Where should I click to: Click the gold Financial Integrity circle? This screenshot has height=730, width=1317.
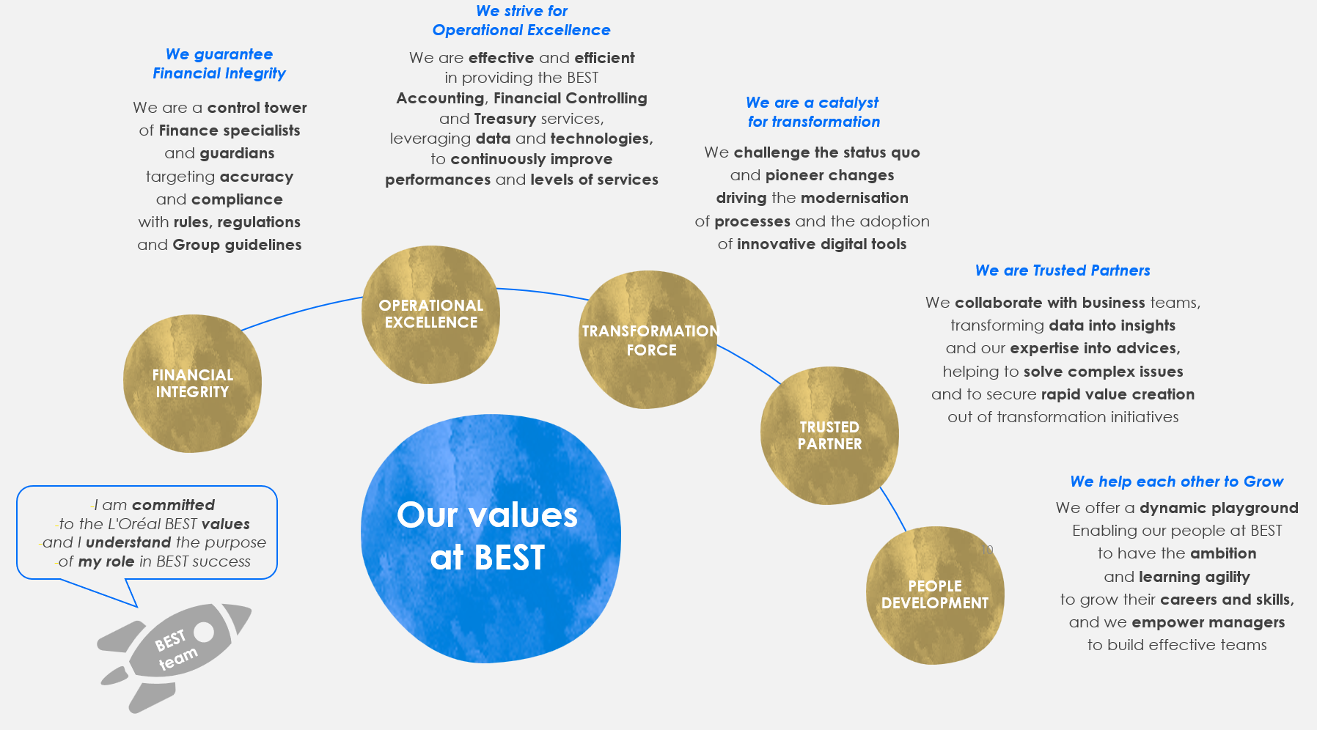pyautogui.click(x=192, y=383)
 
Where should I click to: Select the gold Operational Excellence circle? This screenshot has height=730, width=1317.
pyautogui.click(x=431, y=314)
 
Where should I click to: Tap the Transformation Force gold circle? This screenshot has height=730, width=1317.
pyautogui.click(x=648, y=339)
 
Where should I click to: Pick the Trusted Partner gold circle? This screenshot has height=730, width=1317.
pyautogui.click(x=829, y=435)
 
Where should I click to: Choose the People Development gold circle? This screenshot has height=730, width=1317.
pyautogui.click(x=935, y=595)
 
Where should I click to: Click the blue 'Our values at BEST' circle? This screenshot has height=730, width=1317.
pyautogui.click(x=491, y=539)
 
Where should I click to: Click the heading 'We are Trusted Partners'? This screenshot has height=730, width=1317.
pyautogui.click(x=1063, y=270)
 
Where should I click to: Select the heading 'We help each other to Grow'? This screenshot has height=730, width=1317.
pyautogui.click(x=1177, y=482)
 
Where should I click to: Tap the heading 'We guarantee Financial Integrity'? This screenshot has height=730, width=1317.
pyautogui.click(x=219, y=64)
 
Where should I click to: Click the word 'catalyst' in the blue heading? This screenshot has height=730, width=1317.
pyautogui.click(x=848, y=103)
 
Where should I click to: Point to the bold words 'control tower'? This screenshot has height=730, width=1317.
pyautogui.click(x=257, y=108)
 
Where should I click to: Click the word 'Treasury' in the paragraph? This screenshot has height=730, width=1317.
pyautogui.click(x=505, y=119)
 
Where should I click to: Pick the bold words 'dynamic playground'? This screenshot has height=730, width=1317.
pyautogui.click(x=1219, y=508)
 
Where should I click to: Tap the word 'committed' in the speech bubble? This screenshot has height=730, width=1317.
pyautogui.click(x=173, y=505)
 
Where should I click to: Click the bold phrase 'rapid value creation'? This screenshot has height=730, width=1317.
pyautogui.click(x=1118, y=394)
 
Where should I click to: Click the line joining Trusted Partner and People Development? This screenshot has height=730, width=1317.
pyautogui.click(x=893, y=509)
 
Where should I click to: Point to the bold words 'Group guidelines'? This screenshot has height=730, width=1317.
pyautogui.click(x=237, y=246)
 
